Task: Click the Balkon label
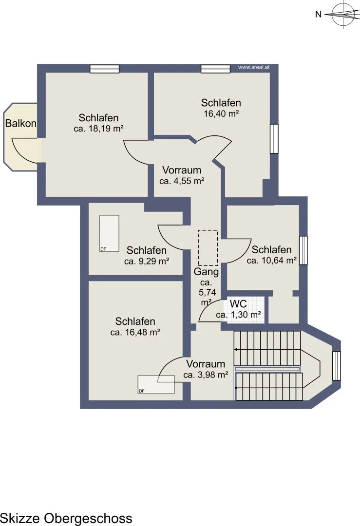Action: pos(21,123)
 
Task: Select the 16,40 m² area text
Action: pos(221,113)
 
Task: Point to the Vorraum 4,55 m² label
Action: pos(182,175)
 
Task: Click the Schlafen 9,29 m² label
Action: pos(147,256)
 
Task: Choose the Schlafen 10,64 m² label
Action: pos(272,255)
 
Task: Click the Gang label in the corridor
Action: pos(207,272)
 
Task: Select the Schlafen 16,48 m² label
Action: pos(135,327)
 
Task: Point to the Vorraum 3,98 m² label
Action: pos(206,369)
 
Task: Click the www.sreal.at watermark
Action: pos(254,67)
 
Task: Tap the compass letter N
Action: pos(319,14)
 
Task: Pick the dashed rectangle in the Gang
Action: pos(208,248)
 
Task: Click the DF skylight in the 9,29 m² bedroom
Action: pos(109,233)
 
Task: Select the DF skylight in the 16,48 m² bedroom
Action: pos(156,384)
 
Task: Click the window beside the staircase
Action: pos(337,366)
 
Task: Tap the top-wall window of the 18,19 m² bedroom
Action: pos(105,69)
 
